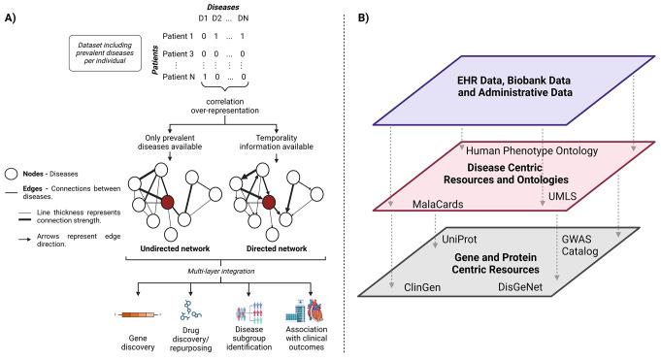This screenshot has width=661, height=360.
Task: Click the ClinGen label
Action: tap(422, 287)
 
